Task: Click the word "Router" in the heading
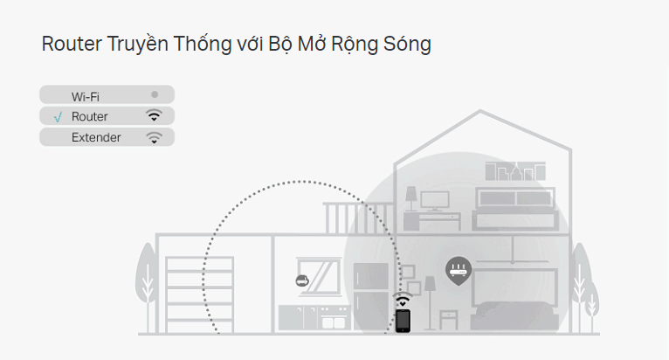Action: click(68, 44)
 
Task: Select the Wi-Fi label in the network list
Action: click(86, 95)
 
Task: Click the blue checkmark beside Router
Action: click(57, 116)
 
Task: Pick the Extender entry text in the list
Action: click(96, 137)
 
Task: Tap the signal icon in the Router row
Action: click(154, 115)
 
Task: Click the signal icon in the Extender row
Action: click(154, 137)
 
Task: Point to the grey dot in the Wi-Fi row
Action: click(155, 93)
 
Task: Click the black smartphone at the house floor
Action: click(403, 321)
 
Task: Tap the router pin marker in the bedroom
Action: click(458, 269)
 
